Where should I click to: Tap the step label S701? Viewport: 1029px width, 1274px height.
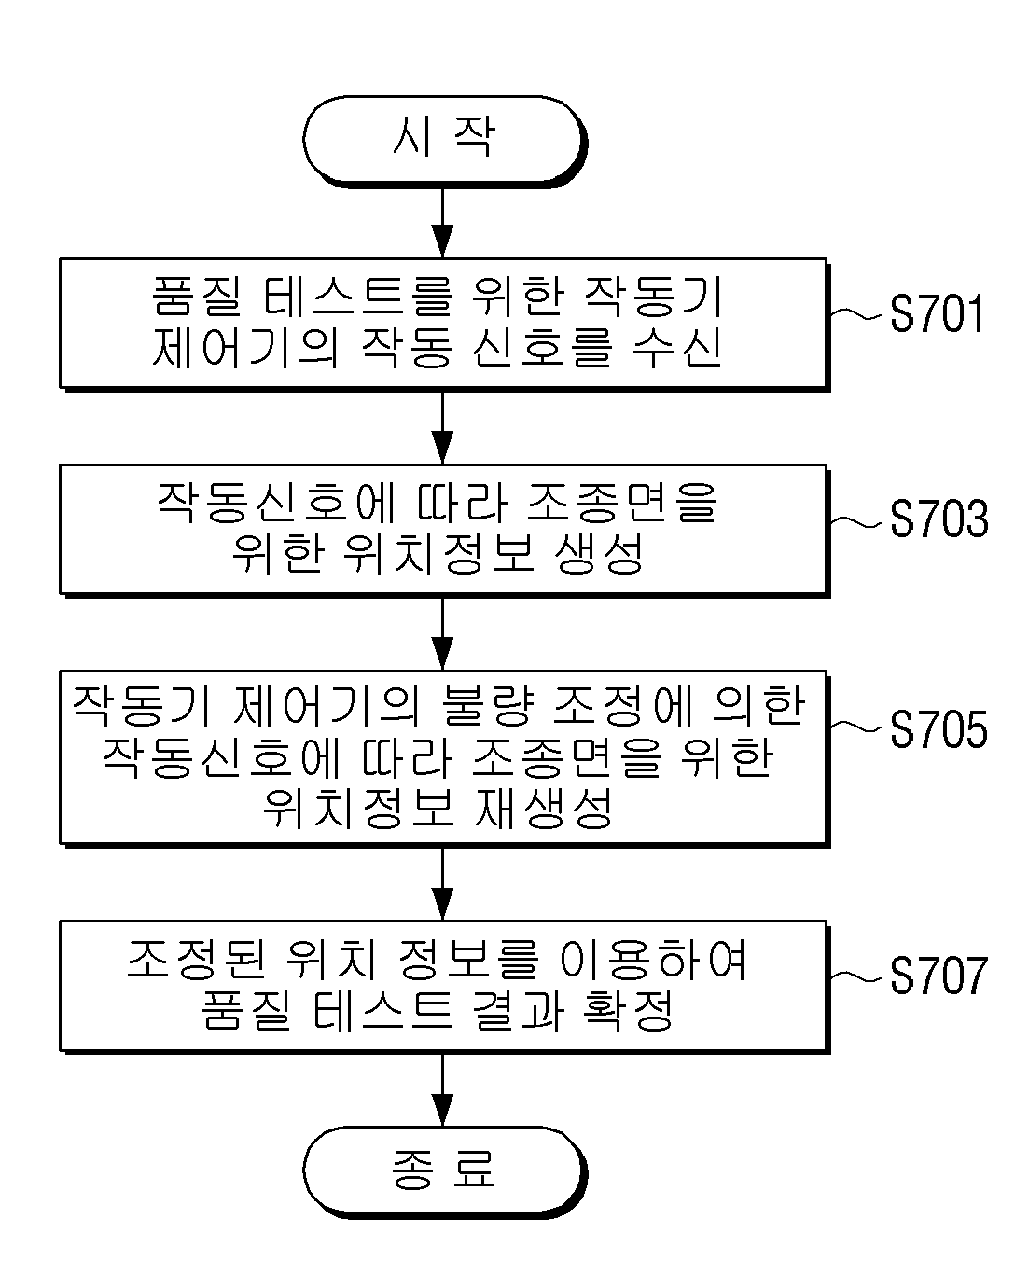[x=937, y=312]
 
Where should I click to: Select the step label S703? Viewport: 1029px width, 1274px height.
[x=939, y=518]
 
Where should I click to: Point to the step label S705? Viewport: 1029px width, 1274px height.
[x=939, y=729]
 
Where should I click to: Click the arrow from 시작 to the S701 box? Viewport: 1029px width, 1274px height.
[x=442, y=223]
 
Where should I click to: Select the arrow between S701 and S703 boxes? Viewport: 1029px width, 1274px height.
[x=442, y=428]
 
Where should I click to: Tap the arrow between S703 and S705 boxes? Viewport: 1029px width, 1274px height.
[x=442, y=633]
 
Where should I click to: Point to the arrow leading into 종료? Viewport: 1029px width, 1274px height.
[x=442, y=1088]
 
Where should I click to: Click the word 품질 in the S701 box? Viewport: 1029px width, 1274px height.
[x=196, y=296]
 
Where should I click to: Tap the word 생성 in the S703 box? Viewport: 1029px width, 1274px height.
[x=599, y=553]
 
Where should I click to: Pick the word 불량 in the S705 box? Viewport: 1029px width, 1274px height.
[x=487, y=706]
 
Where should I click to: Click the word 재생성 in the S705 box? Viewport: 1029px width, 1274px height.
[x=543, y=808]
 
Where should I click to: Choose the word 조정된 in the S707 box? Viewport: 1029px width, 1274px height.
[x=196, y=960]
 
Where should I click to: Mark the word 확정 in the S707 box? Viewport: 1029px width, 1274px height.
[x=628, y=1011]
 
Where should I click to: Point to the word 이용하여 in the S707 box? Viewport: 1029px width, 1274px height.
[x=653, y=960]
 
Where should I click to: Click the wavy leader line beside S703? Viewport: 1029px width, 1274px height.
[x=856, y=521]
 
